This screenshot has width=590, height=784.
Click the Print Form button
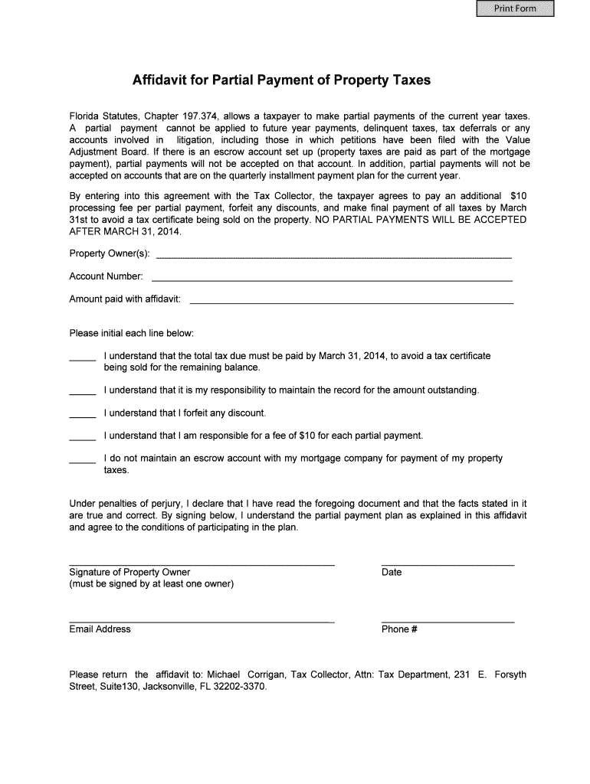coord(515,9)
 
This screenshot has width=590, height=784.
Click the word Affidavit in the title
coord(160,80)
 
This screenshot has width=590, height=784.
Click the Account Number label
coord(106,276)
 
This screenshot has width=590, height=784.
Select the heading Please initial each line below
coord(131,334)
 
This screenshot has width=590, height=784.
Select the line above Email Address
coord(202,620)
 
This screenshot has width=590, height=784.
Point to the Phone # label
coord(398,629)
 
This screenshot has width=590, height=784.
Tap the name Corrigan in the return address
coord(266,675)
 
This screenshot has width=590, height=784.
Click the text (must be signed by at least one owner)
coord(151,584)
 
